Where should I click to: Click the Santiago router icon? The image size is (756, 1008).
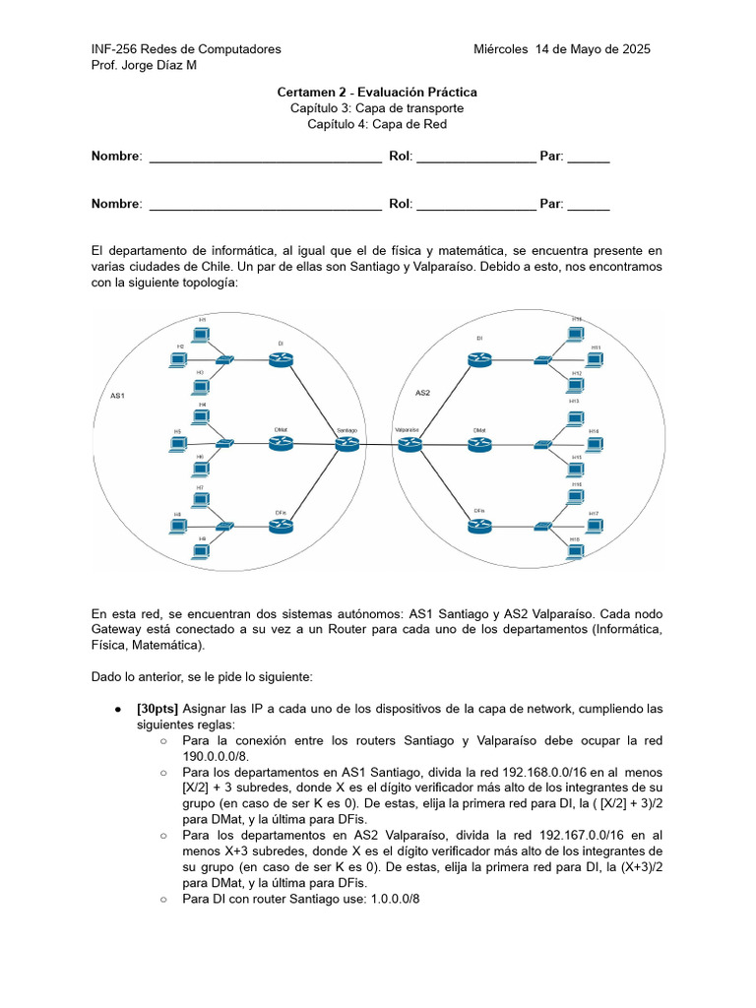pos(346,444)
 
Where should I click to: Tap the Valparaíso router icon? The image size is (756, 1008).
pos(409,444)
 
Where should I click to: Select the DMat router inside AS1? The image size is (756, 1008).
pos(281,443)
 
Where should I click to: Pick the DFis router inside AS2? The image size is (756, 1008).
pos(479,526)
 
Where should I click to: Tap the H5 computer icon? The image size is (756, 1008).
pos(178,444)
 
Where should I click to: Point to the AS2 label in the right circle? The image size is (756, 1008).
pos(423,393)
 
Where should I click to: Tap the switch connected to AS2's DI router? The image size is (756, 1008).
pos(542,361)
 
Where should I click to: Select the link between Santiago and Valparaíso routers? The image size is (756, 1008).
pos(378,445)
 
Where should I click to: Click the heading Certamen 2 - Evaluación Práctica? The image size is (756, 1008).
pos(377,93)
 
